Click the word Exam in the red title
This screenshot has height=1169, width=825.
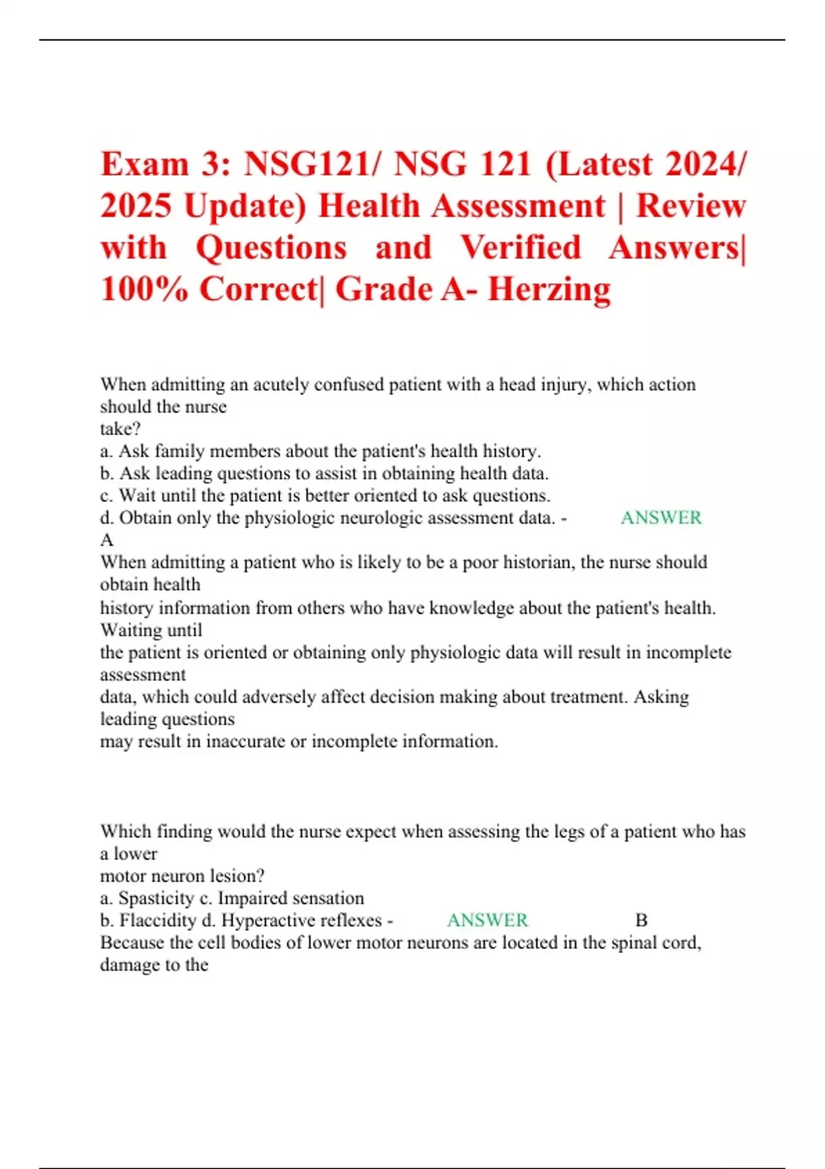144,164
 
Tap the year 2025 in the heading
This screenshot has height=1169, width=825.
135,206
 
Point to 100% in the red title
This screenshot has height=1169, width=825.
144,289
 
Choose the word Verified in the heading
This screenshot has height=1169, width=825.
520,248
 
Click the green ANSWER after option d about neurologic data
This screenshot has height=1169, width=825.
661,518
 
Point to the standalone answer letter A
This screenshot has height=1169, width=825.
107,540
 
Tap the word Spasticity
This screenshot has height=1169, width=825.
156,898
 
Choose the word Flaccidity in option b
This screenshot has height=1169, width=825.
157,920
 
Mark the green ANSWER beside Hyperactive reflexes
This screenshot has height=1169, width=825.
487,920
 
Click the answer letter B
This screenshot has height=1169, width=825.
641,920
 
